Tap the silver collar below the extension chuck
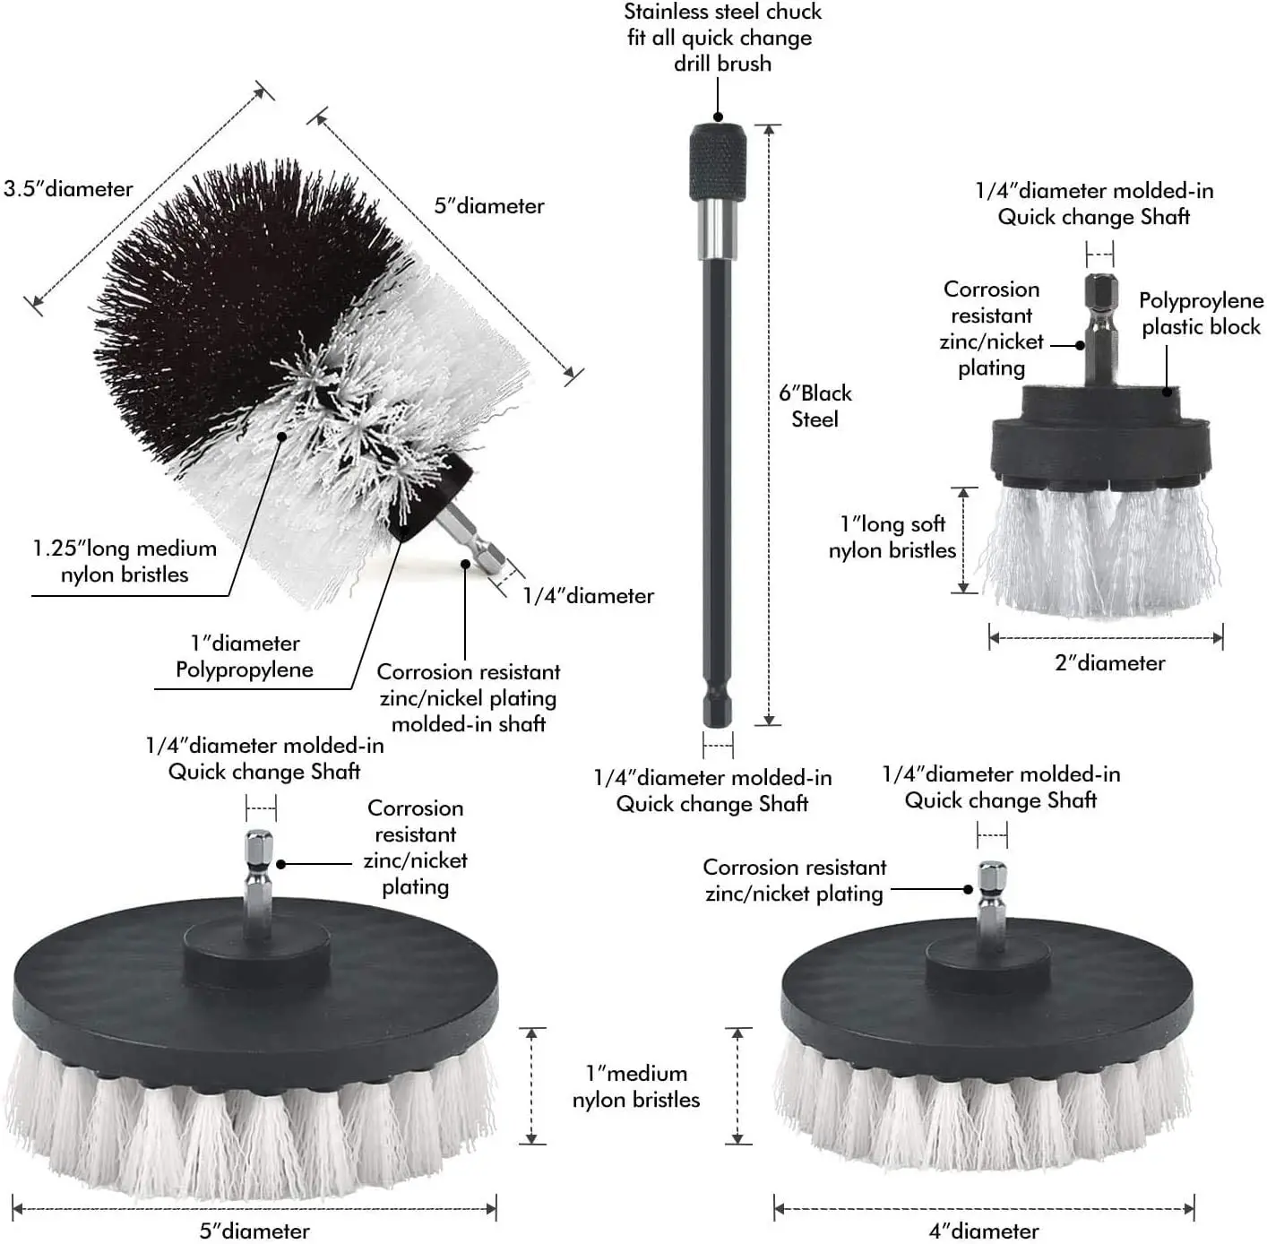point(717,228)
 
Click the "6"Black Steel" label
point(814,406)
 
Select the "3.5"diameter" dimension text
point(68,189)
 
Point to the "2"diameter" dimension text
point(1109,663)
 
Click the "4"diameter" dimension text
point(983,1231)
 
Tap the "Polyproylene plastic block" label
point(1201,314)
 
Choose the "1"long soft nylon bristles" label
point(892,537)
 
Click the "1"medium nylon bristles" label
point(636,1086)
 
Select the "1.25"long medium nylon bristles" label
point(125,561)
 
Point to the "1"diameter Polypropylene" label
point(245,656)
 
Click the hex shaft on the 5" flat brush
point(259,874)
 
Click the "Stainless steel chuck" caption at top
point(722,38)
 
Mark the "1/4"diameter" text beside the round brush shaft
point(588,596)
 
